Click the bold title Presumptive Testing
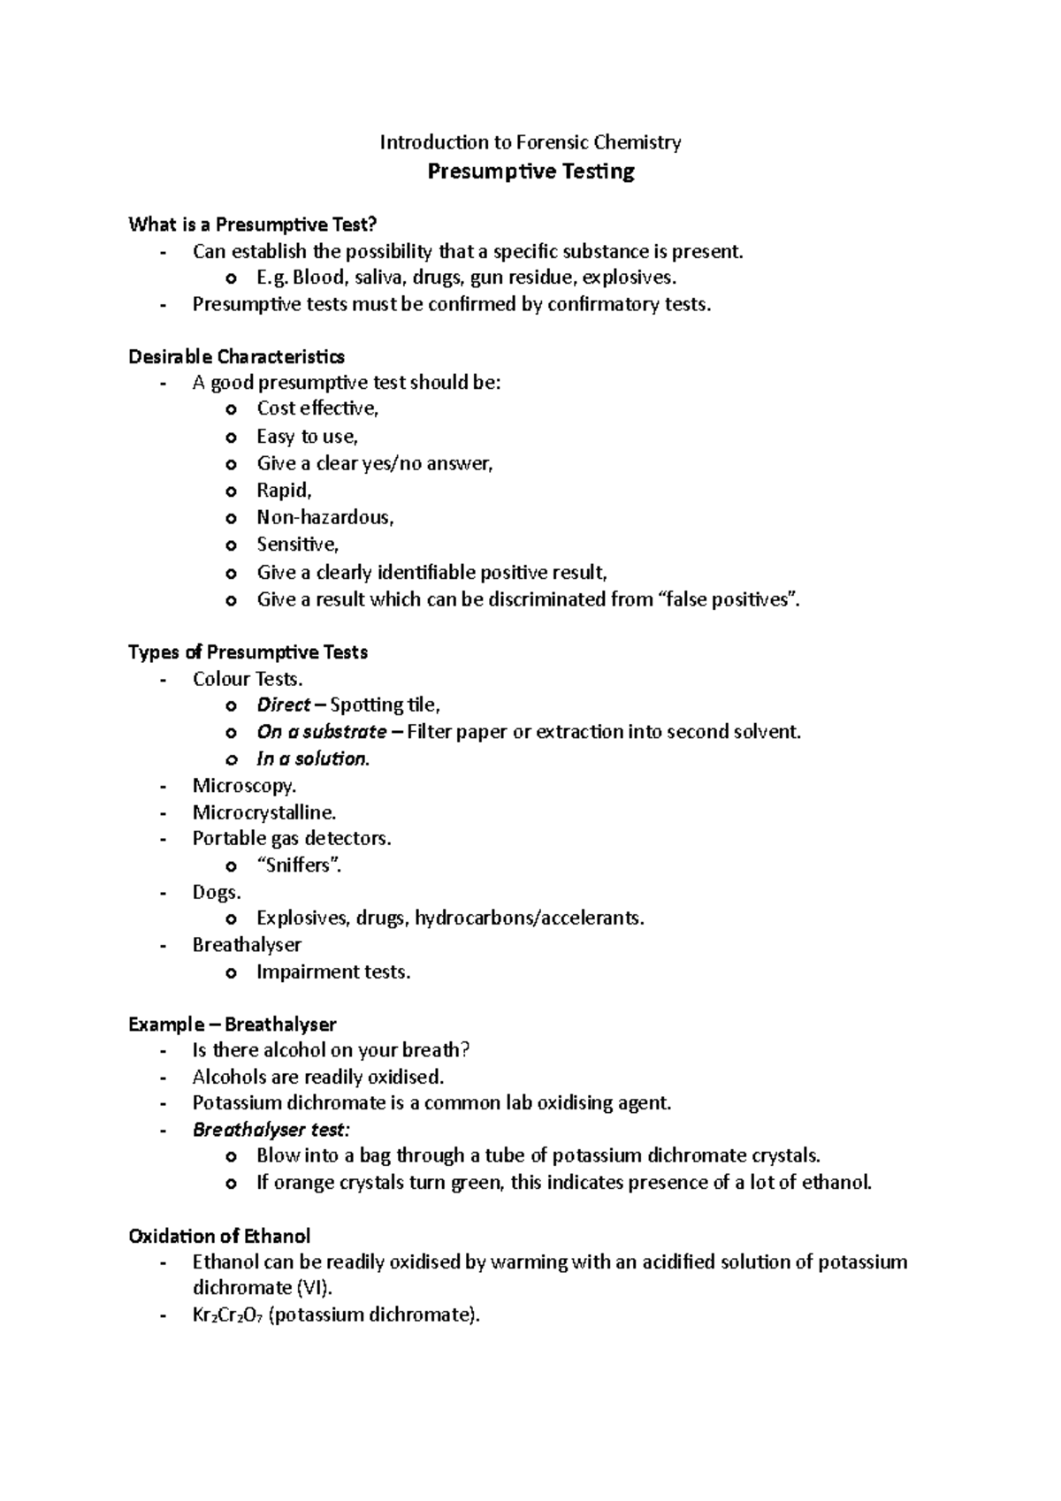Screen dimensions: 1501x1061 pyautogui.click(x=530, y=171)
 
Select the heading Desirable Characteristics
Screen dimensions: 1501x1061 pyautogui.click(x=236, y=356)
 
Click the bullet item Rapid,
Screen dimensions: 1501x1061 pyautogui.click(x=284, y=491)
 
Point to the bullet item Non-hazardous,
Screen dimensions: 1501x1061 pyautogui.click(x=324, y=517)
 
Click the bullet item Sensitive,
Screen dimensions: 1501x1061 pyautogui.click(x=297, y=545)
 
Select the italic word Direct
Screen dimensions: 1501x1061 pyautogui.click(x=283, y=705)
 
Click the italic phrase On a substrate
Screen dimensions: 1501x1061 pyautogui.click(x=321, y=732)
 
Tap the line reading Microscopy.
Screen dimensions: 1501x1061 pyautogui.click(x=244, y=786)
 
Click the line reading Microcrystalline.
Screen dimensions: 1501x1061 pyautogui.click(x=263, y=812)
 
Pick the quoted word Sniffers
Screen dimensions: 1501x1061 pyautogui.click(x=298, y=865)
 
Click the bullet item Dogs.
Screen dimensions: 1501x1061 pyautogui.click(x=216, y=892)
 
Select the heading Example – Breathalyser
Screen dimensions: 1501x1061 pyautogui.click(x=232, y=1025)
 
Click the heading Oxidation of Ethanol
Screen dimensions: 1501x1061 pyautogui.click(x=218, y=1236)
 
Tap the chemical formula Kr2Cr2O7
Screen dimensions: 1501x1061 pyautogui.click(x=227, y=1315)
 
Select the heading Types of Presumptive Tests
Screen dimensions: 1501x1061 pyautogui.click(x=248, y=652)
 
